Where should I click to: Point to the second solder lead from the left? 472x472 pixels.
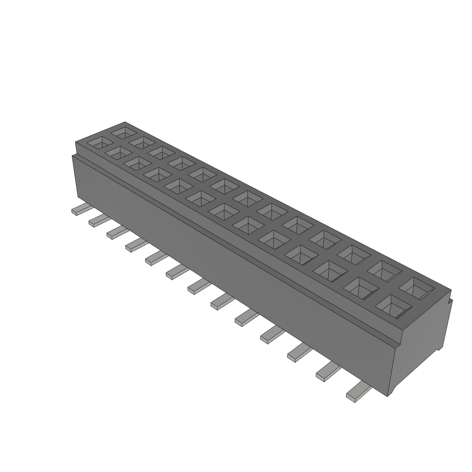click(x=98, y=221)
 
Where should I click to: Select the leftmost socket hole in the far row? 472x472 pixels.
click(x=123, y=133)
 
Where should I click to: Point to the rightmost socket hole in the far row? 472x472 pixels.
click(x=416, y=287)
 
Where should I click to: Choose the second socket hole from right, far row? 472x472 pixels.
click(x=384, y=270)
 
